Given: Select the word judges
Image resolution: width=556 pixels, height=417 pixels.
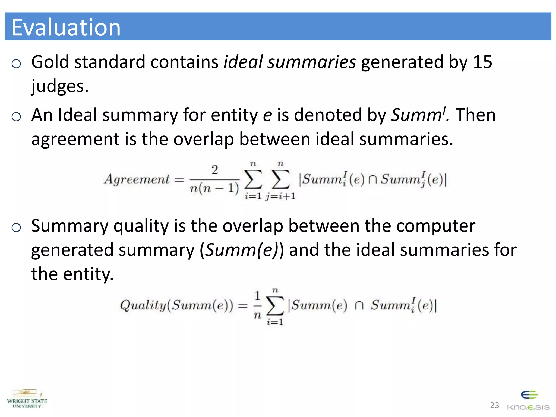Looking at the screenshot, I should pos(60,86).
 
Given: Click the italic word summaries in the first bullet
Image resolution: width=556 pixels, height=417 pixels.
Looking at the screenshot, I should pos(312,62).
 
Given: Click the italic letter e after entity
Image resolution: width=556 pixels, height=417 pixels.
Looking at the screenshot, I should pos(267,115).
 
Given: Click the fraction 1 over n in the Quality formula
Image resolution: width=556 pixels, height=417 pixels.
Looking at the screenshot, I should pos(257,305).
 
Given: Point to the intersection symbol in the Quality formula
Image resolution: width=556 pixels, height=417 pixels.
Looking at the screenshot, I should pos(359,305).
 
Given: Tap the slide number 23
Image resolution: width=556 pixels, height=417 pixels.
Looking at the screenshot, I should pos(494,405).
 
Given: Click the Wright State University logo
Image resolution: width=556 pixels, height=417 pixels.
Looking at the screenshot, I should pos(27,399).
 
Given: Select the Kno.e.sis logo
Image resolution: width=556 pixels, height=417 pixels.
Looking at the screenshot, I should pos(529,401).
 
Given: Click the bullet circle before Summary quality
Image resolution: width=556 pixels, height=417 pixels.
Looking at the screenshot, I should pos(16,228).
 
